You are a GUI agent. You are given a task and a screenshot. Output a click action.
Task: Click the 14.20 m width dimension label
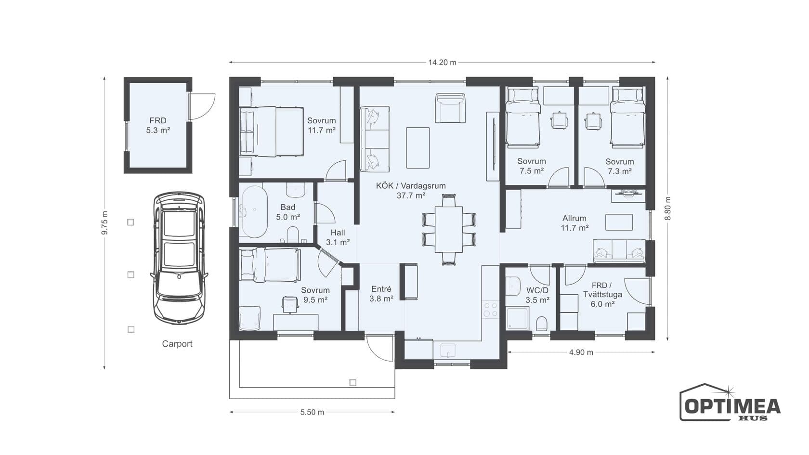tap(442, 63)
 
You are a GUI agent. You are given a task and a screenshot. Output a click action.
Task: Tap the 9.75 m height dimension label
tap(105, 223)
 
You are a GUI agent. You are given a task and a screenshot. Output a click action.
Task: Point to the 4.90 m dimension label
tap(581, 352)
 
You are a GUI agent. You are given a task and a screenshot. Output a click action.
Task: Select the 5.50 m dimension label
tap(312, 412)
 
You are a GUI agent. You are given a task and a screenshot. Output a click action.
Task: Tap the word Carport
tap(177, 344)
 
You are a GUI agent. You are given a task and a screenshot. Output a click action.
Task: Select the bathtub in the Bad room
tap(255, 212)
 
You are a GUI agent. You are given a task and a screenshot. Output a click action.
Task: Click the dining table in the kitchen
tap(449, 229)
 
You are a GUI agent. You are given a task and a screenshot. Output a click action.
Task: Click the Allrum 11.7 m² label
tap(574, 223)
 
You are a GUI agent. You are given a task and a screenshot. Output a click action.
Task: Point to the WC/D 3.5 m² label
tap(537, 295)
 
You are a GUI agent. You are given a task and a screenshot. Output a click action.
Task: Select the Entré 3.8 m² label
tap(381, 294)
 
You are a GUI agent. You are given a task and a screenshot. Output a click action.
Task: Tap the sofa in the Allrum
tap(619, 251)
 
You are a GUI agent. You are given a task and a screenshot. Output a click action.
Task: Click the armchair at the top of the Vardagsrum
tap(450, 108)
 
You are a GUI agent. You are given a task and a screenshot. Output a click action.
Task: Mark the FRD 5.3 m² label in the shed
tap(158, 125)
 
